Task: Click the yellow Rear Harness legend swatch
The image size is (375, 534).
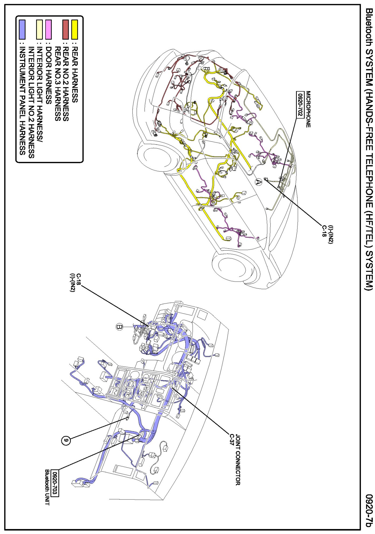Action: point(74,29)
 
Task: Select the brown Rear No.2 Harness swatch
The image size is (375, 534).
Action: point(66,29)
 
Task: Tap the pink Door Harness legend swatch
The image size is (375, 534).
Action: point(49,29)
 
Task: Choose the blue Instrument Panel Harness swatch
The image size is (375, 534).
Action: point(22,29)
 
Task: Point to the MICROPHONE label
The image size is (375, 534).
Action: point(308,109)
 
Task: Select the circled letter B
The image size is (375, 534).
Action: point(119,327)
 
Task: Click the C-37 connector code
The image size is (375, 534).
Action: point(231,440)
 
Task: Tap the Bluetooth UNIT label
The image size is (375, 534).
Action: point(47,487)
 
